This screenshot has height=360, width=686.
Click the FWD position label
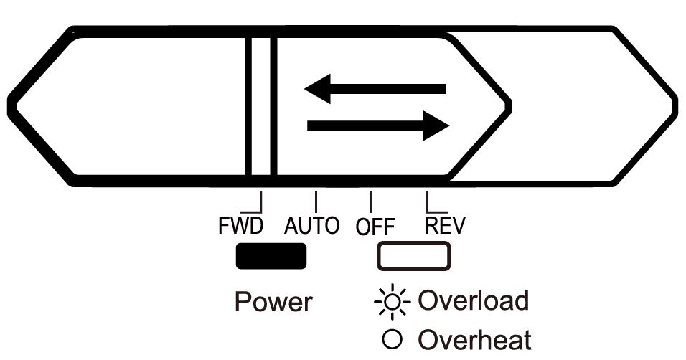tap(240, 227)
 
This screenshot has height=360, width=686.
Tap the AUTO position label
tap(311, 227)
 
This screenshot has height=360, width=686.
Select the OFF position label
tap(375, 227)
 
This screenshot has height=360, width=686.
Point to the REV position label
tap(445, 227)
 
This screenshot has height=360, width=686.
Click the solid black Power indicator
tap(271, 257)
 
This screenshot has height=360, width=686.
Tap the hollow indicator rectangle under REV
tap(414, 257)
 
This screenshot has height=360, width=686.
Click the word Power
tap(273, 302)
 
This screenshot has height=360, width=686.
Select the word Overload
tap(473, 300)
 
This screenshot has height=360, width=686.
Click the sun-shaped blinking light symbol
tap(393, 301)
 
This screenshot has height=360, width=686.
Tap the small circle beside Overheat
tap(393, 338)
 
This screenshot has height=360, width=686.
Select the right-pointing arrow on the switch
tap(377, 126)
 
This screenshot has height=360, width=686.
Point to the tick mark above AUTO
tap(316, 200)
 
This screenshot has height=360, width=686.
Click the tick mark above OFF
tap(371, 200)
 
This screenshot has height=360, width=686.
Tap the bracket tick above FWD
tap(257, 202)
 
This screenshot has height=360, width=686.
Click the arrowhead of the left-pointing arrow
tap(318, 88)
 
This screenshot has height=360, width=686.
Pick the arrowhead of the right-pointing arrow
tap(436, 126)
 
